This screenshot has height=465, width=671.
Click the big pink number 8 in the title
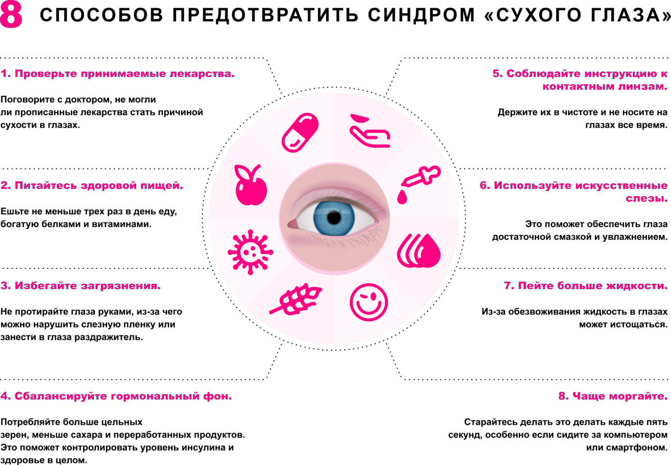pyautogui.click(x=11, y=14)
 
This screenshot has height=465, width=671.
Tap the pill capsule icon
pyautogui.click(x=300, y=133)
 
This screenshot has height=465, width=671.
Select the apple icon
pyautogui.click(x=251, y=185)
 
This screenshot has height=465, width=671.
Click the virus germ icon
pyautogui.click(x=250, y=252)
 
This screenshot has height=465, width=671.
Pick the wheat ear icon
pyautogui.click(x=296, y=299)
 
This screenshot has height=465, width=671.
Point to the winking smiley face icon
pyautogui.click(x=369, y=302)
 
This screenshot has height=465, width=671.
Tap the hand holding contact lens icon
pyautogui.click(x=370, y=131)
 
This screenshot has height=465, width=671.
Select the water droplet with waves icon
pyautogui.click(x=419, y=251)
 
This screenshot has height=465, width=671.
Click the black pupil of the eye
pyautogui.click(x=334, y=218)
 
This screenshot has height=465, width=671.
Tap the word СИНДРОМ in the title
pyautogui.click(x=421, y=14)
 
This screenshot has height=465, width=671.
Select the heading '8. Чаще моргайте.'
pyautogui.click(x=613, y=396)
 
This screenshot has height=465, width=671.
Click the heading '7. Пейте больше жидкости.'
pyautogui.click(x=586, y=285)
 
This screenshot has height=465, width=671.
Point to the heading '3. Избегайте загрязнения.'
pyautogui.click(x=81, y=285)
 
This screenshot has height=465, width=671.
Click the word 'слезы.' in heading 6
pyautogui.click(x=646, y=198)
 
